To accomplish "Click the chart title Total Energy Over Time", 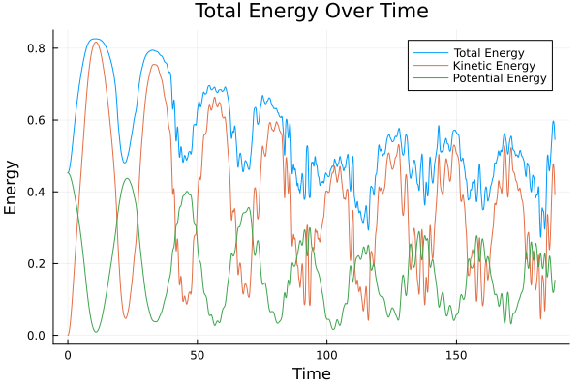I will coord(297,12).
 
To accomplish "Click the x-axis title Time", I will coord(312,374).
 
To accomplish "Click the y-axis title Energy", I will coord(13,188).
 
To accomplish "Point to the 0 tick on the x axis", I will coord(68,355).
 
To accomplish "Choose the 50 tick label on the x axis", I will coord(198,355).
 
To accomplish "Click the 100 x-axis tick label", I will coord(327,355).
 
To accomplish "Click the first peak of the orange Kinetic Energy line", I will coord(95,42).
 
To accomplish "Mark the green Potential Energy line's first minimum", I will coord(96,332).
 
